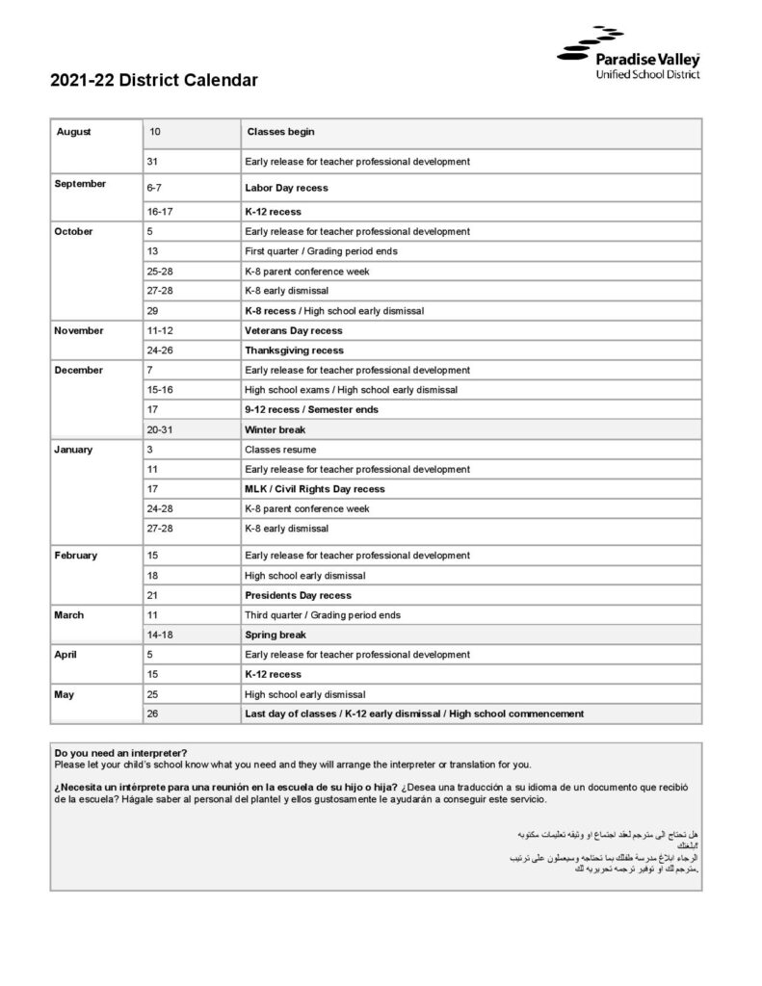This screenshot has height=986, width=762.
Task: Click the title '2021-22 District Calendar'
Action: point(154,81)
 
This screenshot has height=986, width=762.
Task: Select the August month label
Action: point(73,132)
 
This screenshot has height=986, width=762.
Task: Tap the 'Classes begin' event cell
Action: point(280,132)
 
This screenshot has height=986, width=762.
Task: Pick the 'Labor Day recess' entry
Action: point(286,188)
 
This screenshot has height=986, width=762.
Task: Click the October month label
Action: point(73,231)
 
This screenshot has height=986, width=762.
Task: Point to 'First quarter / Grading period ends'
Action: point(321,251)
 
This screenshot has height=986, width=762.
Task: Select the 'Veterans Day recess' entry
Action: point(293,330)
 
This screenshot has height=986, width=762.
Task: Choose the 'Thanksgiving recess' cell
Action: point(294,350)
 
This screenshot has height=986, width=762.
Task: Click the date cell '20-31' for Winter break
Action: point(160,429)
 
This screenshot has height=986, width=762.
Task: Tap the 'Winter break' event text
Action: point(275,429)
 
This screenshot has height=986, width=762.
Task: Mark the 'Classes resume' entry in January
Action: point(279,450)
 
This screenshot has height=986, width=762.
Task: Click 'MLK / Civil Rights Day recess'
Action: point(315,489)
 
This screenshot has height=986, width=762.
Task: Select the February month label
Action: point(76,556)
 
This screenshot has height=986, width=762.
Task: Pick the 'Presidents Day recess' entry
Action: point(298,595)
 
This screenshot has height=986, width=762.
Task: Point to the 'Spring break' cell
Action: point(276,636)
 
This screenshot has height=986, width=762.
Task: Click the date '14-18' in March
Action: point(160,636)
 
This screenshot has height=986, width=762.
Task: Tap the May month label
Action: point(65,694)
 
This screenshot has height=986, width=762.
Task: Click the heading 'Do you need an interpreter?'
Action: point(121,753)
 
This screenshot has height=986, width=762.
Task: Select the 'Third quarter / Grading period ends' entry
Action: point(323,615)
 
